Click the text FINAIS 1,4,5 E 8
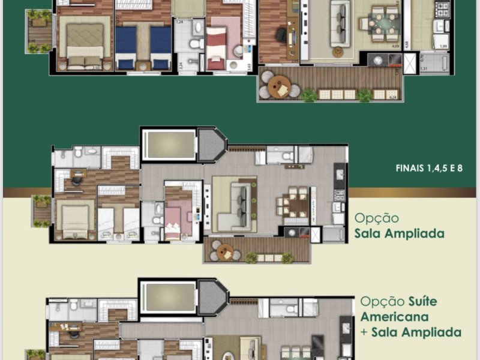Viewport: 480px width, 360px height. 429,169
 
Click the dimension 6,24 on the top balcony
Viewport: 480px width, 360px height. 394,97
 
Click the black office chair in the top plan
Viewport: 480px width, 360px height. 281,35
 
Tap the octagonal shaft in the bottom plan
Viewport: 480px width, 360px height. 212,297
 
